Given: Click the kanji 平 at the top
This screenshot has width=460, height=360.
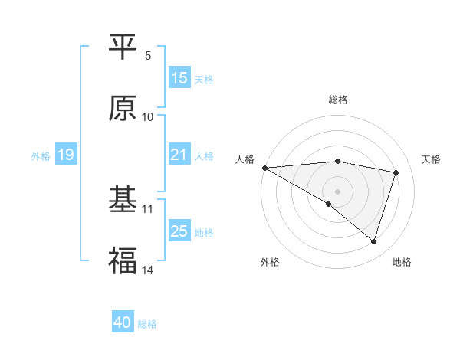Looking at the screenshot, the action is pos(123,47).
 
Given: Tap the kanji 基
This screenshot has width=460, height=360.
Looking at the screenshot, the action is pos(123,201).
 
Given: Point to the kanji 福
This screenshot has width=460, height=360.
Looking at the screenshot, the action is pos(123,262).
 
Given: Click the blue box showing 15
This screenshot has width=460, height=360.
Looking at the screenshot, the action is pos(179,78).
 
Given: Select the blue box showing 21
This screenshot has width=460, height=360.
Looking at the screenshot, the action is pos(179,155).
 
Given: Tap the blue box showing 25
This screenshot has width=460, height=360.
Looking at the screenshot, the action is pos(179,231).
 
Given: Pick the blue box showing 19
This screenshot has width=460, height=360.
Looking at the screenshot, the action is pos(66,155).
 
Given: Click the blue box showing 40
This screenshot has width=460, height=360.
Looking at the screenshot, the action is pos(123,322).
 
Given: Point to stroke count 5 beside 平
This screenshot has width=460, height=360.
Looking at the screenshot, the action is pos(148,55).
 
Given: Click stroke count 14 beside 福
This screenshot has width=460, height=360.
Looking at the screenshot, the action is pos(148,270).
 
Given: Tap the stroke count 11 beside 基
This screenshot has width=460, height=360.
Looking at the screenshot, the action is pos(148,208).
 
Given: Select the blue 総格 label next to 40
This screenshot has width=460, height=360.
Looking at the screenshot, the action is pos(147,324).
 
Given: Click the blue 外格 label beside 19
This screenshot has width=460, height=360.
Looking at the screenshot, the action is pos(41,155).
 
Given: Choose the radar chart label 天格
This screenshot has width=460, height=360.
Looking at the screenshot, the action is pos(432,159).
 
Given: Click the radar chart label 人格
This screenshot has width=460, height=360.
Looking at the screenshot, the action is pos(245,159).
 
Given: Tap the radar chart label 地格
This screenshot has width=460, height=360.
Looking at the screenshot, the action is pos(402,262).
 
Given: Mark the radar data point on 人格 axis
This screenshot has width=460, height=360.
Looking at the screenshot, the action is pos(264,167).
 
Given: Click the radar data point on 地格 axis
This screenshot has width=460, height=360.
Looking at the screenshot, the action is pos(373,241).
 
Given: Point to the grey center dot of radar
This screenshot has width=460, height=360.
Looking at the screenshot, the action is pos(337,191).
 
